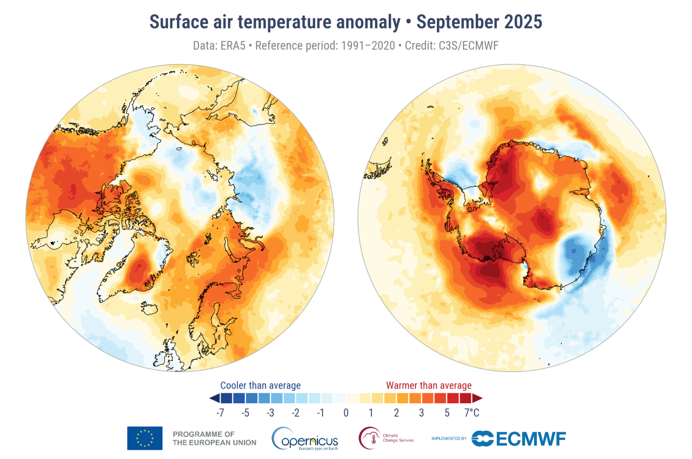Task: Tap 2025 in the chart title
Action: [x=522, y=22]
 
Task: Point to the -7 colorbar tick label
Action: [x=221, y=413]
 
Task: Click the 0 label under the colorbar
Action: [x=346, y=413]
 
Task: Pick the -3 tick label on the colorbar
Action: [x=270, y=413]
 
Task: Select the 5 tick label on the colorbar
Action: [x=447, y=413]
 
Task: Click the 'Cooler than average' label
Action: [x=261, y=385]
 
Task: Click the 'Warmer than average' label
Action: [x=429, y=385]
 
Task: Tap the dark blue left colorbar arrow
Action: [x=214, y=398]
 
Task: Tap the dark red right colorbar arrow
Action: [x=477, y=398]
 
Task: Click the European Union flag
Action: [x=145, y=438]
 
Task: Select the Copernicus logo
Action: [x=305, y=438]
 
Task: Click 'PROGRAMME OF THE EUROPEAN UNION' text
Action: [x=215, y=438]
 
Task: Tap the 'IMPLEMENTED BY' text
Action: [x=449, y=438]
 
